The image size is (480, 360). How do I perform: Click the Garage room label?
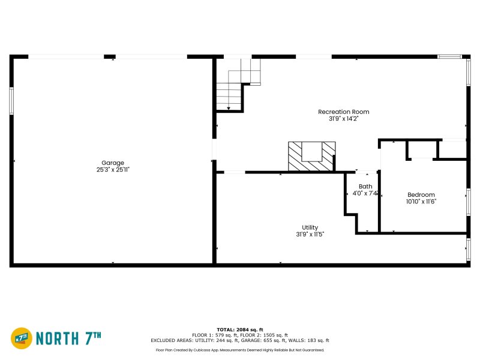pos(113,163)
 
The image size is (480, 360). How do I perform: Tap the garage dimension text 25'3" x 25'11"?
pos(113,170)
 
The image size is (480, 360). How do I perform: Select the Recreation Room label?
pos(343,112)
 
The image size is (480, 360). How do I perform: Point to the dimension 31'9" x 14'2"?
pos(343,119)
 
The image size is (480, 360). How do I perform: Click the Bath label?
pos(365,187)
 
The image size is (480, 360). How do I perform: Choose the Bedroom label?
pos(421,194)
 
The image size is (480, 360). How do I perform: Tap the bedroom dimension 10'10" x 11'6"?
pos(421,202)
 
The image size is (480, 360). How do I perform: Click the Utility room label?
pos(310,227)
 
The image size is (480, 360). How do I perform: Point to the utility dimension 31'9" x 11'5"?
pos(310,235)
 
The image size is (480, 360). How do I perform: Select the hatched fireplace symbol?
pos(311,157)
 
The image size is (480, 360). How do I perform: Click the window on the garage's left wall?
pos(11,101)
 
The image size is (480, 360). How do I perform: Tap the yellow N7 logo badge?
pos(22,338)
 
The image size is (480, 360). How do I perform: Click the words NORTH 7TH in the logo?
pos(65,338)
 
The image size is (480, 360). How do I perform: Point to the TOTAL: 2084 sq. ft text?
pos(240,330)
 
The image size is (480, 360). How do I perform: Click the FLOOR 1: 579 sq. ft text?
pos(215,335)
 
